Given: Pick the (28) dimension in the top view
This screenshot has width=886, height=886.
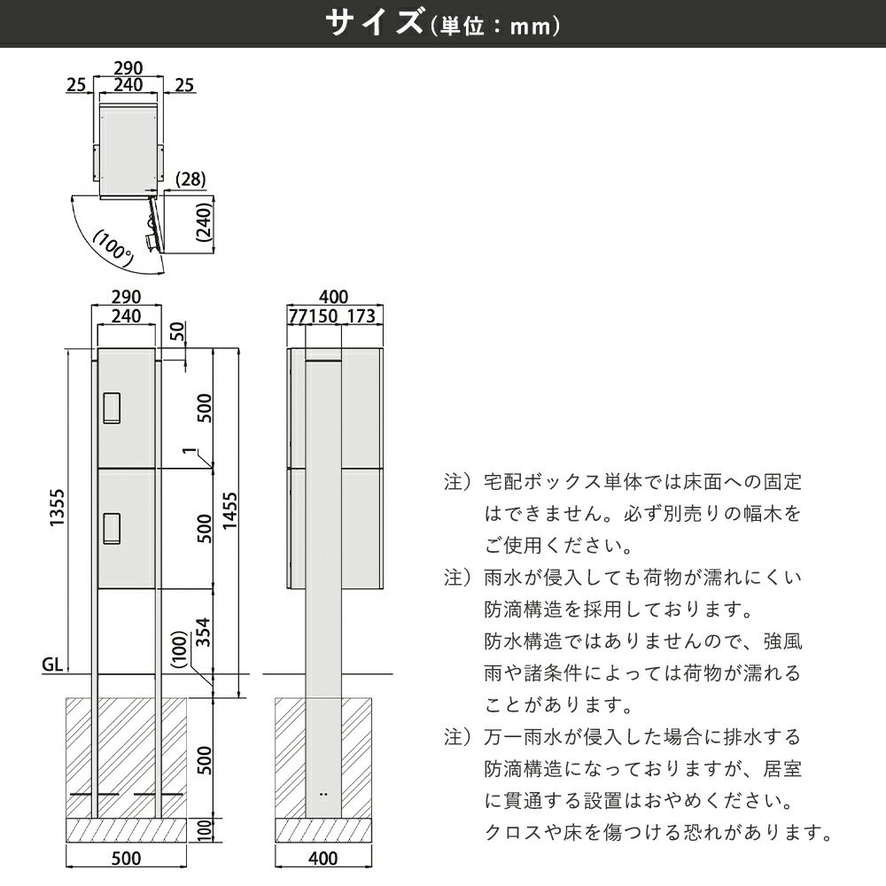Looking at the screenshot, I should [x=190, y=179].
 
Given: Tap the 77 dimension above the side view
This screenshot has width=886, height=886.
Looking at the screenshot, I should [x=296, y=316].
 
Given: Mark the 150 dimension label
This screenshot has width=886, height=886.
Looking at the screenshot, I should [x=321, y=316].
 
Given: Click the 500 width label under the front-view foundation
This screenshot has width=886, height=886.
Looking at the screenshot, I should [x=128, y=858].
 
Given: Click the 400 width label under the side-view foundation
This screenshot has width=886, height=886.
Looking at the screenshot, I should [x=324, y=858].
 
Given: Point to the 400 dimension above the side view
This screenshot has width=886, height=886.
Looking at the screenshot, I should [x=333, y=296].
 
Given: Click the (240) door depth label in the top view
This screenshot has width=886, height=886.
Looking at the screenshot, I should [x=203, y=225].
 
